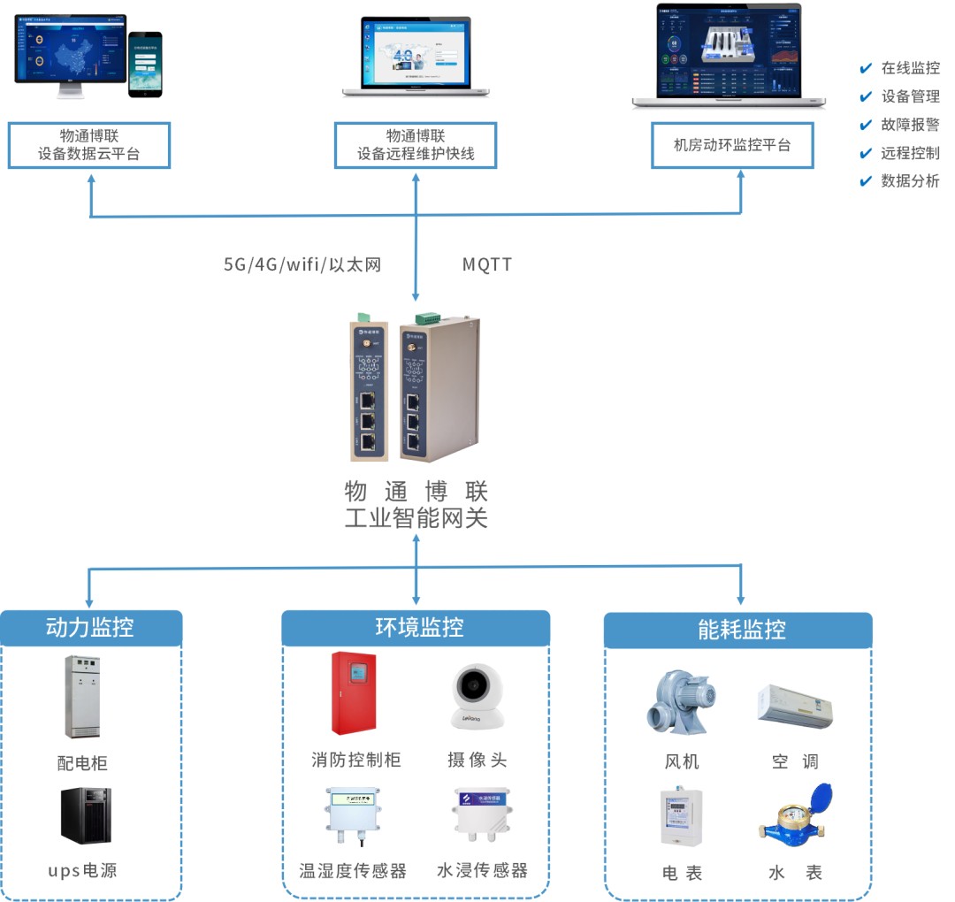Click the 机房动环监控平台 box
[x=732, y=145]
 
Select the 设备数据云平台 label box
[x=88, y=145]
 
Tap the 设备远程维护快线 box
[x=416, y=145]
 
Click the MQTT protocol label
[x=487, y=264]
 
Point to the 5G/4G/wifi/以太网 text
[x=302, y=264]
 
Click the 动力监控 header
[x=90, y=628]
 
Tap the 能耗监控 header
[x=741, y=630]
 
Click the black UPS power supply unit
[x=86, y=814]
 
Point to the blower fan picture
[x=680, y=702]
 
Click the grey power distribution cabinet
[x=82, y=696]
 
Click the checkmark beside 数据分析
[x=866, y=181]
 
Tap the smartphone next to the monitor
[x=145, y=65]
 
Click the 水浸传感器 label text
[x=482, y=870]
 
